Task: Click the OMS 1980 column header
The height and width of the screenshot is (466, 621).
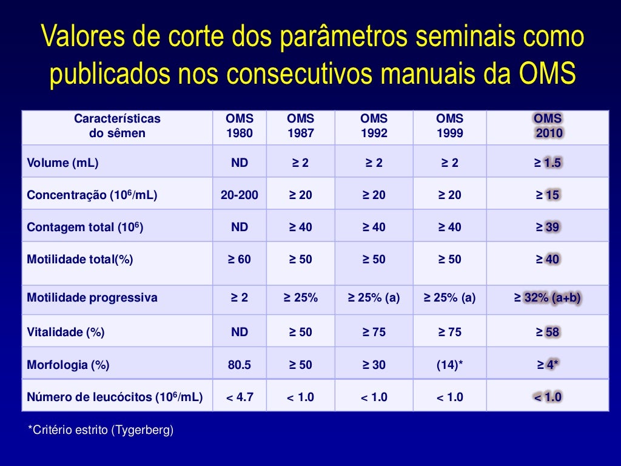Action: pos(240,126)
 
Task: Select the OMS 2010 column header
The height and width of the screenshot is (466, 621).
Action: pos(548,126)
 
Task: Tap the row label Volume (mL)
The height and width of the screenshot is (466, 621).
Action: pos(62,163)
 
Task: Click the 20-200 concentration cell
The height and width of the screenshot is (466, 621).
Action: pos(240,195)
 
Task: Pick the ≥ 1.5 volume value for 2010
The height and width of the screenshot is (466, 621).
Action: pos(548,163)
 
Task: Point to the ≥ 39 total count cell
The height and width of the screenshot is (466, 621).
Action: pos(548,227)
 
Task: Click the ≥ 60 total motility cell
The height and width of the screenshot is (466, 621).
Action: pos(240,259)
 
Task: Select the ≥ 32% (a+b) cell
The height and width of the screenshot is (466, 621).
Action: pos(548,297)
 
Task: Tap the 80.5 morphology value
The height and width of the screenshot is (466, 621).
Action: pos(240,365)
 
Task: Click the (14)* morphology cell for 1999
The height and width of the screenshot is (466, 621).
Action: pos(449,365)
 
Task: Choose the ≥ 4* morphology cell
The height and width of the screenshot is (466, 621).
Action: pos(548,365)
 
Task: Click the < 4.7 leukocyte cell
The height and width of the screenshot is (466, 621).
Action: pos(240,397)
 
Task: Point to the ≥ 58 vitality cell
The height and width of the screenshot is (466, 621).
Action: pos(548,332)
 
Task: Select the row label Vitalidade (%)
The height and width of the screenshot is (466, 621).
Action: pos(65,332)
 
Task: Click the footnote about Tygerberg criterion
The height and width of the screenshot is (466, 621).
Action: pos(101,430)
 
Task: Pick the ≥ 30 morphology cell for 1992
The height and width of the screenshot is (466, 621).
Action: pos(374,365)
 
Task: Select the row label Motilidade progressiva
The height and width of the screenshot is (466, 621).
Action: pos(92,297)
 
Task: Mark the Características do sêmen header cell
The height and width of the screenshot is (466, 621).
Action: pos(117,126)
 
